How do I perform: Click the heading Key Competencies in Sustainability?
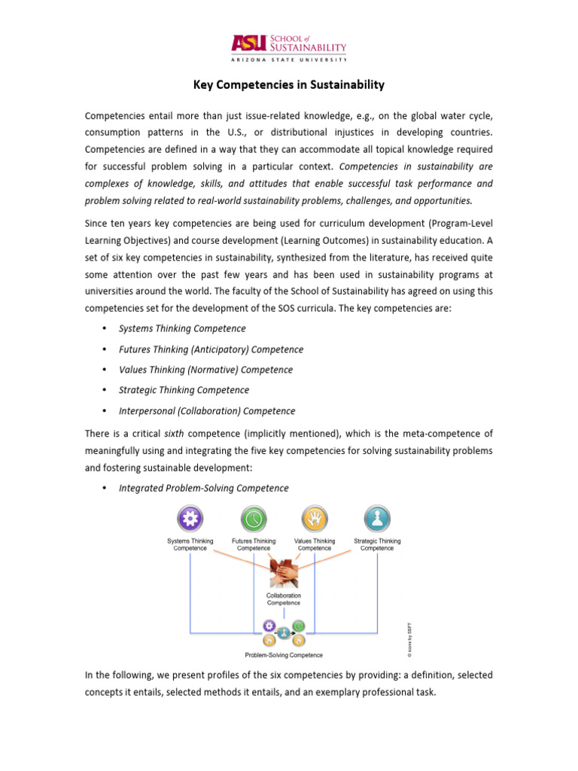click(289, 85)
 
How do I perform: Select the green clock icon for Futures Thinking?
click(253, 519)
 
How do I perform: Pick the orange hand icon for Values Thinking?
click(315, 519)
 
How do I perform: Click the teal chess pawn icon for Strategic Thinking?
click(376, 519)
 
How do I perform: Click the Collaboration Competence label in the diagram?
click(284, 599)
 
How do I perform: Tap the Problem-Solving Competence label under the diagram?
click(283, 655)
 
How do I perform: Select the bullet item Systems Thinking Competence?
click(182, 329)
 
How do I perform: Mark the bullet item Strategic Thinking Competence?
click(184, 390)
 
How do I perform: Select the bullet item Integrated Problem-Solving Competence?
click(203, 488)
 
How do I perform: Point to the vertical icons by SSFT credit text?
click(409, 635)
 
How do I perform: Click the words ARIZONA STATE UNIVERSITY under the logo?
click(289, 59)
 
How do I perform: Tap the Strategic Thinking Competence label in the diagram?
click(376, 544)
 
